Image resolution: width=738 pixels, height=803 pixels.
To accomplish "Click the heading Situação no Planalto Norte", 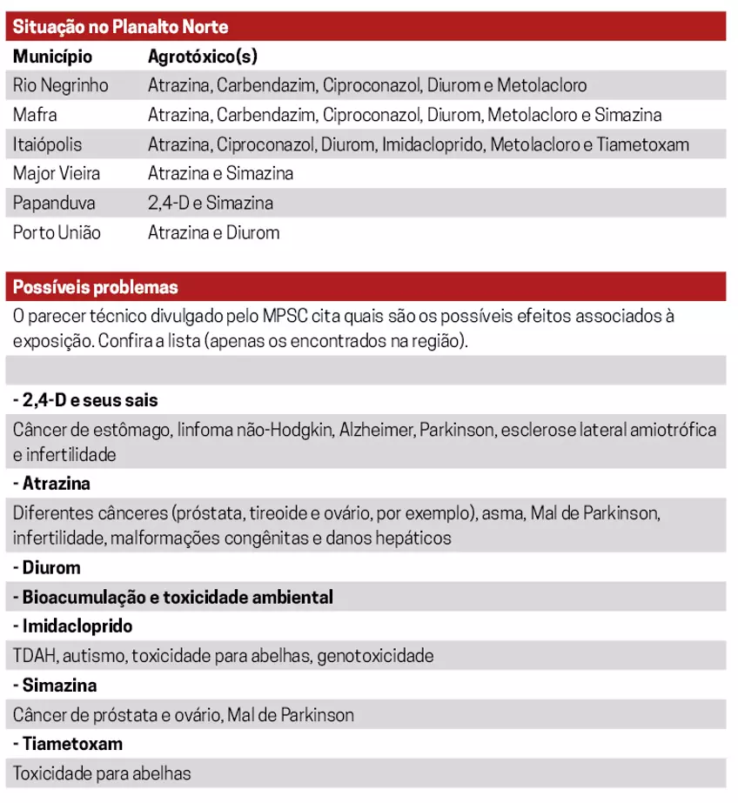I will (121, 27).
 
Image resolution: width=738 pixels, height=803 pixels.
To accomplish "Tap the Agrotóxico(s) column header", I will (202, 57).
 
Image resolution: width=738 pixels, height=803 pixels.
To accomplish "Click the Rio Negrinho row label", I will (61, 85).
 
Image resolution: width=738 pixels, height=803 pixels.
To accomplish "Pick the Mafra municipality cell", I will (35, 115).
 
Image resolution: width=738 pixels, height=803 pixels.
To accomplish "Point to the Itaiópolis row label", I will (48, 144).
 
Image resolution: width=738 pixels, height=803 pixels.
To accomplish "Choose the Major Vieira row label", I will (57, 173).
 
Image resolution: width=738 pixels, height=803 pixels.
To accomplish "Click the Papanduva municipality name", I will (54, 203).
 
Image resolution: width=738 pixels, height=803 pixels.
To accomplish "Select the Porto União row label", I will (57, 232).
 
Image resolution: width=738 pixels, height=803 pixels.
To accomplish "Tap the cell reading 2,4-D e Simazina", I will (211, 203).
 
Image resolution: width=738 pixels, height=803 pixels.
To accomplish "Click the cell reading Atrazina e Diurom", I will (213, 232).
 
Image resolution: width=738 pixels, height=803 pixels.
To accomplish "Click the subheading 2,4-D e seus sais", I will (85, 400).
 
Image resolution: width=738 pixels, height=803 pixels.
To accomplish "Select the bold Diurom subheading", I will (47, 568).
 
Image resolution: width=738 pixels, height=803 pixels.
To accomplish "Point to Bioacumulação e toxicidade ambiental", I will (173, 598).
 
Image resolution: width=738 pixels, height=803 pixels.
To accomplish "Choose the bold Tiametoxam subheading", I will (68, 744).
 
